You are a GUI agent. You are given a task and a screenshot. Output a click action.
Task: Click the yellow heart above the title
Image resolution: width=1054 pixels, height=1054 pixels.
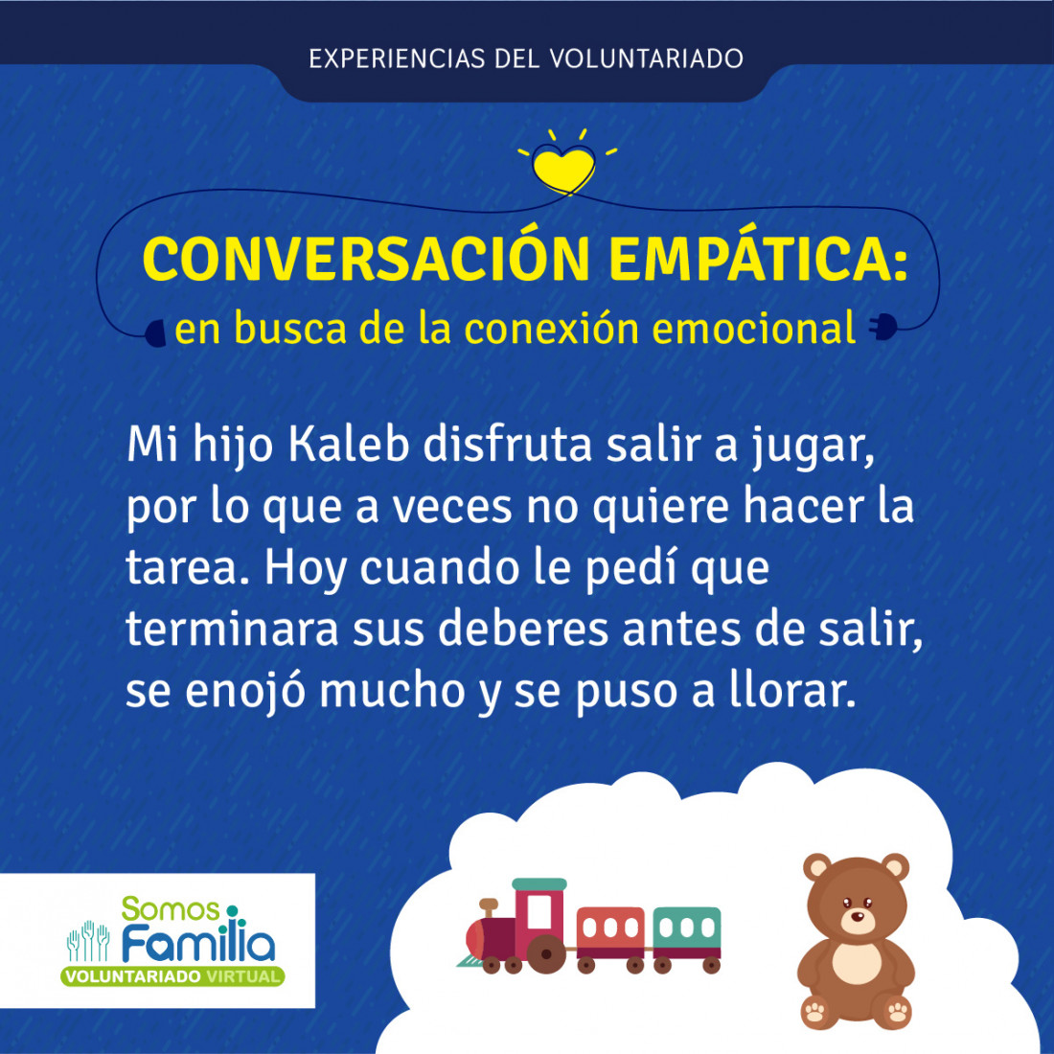coord(563,169)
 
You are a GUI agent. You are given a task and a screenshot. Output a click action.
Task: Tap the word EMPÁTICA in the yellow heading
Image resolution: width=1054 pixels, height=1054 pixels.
coord(758,259)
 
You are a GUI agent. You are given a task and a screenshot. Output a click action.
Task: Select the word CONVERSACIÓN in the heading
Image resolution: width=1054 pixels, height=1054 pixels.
coord(366,259)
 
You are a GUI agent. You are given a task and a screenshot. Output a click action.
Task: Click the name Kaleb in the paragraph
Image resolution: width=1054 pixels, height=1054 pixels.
coord(348,445)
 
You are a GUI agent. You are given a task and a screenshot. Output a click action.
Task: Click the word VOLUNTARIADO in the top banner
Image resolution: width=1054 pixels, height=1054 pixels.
coord(646,58)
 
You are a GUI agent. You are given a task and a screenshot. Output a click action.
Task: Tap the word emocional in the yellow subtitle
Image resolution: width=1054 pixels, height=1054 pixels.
coord(753,329)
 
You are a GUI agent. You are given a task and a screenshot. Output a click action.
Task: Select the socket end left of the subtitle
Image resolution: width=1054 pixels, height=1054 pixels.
coord(155,332)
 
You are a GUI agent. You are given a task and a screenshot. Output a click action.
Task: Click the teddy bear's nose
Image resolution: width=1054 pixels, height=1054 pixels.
coord(858,916)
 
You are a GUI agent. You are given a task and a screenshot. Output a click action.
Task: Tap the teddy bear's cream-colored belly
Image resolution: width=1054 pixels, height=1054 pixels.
coord(857,963)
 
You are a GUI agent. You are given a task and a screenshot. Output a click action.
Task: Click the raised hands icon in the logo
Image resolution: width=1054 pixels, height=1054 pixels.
coord(88,940)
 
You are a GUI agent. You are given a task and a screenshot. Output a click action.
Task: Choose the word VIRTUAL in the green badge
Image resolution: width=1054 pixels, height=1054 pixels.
coord(243,976)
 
